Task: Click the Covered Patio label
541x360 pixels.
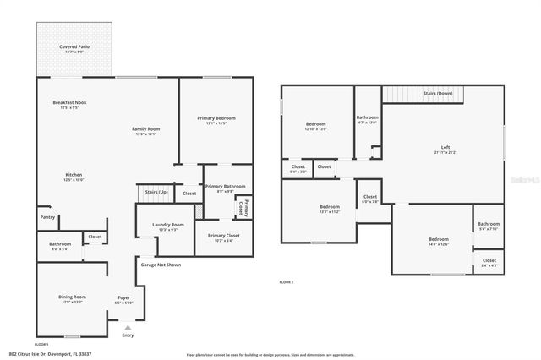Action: [x=74, y=46]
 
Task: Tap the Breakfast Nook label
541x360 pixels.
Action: [x=69, y=102]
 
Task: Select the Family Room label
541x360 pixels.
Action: [x=145, y=129]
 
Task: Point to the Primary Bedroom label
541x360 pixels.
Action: [x=216, y=118]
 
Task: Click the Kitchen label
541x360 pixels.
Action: [x=74, y=174]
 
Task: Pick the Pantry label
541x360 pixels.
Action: [x=47, y=217]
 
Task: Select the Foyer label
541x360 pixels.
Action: [x=123, y=297]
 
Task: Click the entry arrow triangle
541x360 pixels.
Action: [x=128, y=327]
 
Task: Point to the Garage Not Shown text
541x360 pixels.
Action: [x=161, y=265]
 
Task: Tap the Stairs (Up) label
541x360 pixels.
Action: [x=156, y=193]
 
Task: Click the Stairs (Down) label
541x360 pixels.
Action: [x=438, y=93]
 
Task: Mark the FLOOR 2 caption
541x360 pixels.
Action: [x=287, y=281]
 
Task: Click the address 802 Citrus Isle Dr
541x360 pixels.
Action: [x=63, y=353]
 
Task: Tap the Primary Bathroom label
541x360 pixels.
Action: [x=225, y=186]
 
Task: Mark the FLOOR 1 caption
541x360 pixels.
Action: [x=41, y=345]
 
